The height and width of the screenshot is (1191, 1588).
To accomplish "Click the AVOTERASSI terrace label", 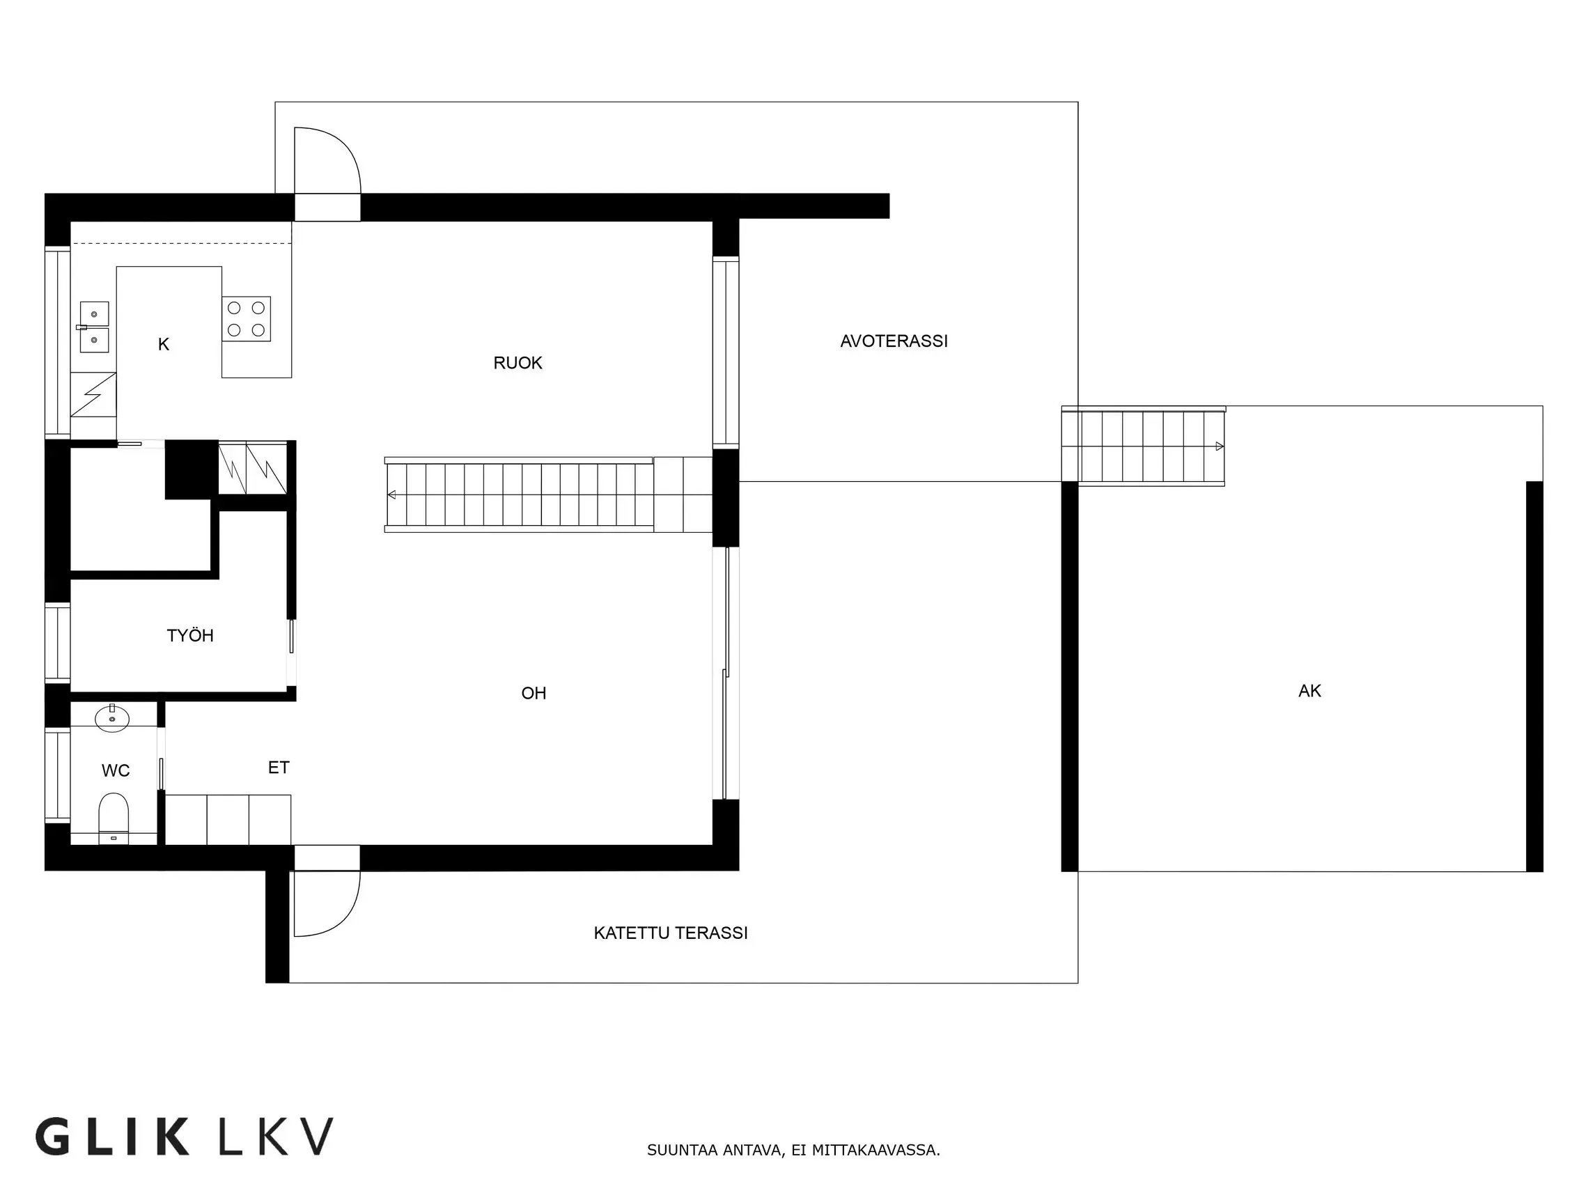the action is [894, 341].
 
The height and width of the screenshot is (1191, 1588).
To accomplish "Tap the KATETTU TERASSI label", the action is [671, 933].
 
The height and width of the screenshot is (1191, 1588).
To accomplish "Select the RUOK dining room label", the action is [517, 363].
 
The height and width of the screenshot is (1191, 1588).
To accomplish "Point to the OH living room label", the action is [534, 693].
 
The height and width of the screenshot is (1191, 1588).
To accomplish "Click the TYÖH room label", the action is [190, 635].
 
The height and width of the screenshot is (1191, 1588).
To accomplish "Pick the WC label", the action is [116, 770].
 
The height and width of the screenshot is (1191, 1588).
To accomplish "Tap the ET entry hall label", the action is [279, 768].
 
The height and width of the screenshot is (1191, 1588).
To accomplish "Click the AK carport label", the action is [1309, 691].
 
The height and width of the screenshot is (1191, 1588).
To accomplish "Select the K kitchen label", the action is [164, 345].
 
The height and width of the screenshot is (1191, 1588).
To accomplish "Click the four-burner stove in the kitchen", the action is [247, 319].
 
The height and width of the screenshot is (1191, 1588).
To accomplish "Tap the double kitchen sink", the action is [94, 327].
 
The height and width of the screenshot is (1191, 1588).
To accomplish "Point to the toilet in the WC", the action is [113, 816].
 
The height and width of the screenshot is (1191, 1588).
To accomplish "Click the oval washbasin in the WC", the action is [112, 718].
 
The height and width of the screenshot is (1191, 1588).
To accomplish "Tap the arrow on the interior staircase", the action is [391, 495].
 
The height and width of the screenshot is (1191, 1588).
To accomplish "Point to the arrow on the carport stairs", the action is [1219, 446].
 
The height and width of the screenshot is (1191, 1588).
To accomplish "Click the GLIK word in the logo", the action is [112, 1135].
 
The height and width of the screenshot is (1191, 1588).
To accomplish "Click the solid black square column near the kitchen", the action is [192, 469].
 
